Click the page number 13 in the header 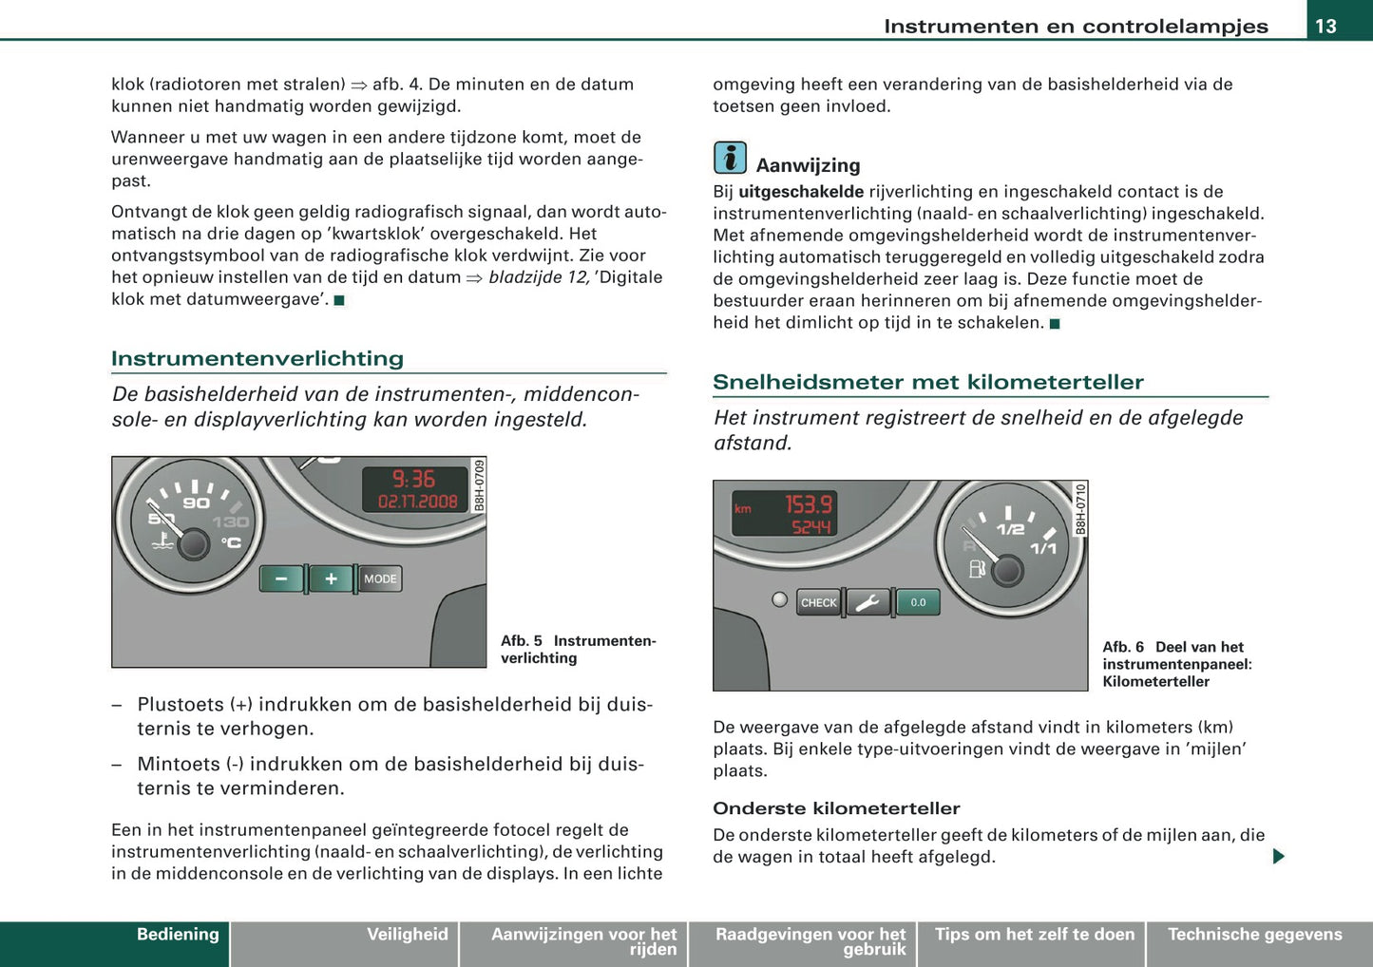point(1325,26)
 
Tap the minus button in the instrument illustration point(281,578)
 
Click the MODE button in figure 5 point(380,578)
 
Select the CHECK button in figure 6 point(818,602)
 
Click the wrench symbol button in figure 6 point(868,602)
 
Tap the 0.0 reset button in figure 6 point(918,602)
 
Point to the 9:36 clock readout point(413,480)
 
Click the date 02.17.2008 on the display point(417,502)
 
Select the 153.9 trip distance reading point(808,504)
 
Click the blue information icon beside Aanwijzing point(730,158)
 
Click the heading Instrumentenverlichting point(257,358)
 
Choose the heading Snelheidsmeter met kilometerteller point(927,382)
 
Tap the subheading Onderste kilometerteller point(836,808)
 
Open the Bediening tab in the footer point(177,935)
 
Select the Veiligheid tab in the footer point(407,935)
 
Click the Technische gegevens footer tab point(1254,935)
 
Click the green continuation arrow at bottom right point(1278,856)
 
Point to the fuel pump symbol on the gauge point(977,569)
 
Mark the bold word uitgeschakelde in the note point(801,192)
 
